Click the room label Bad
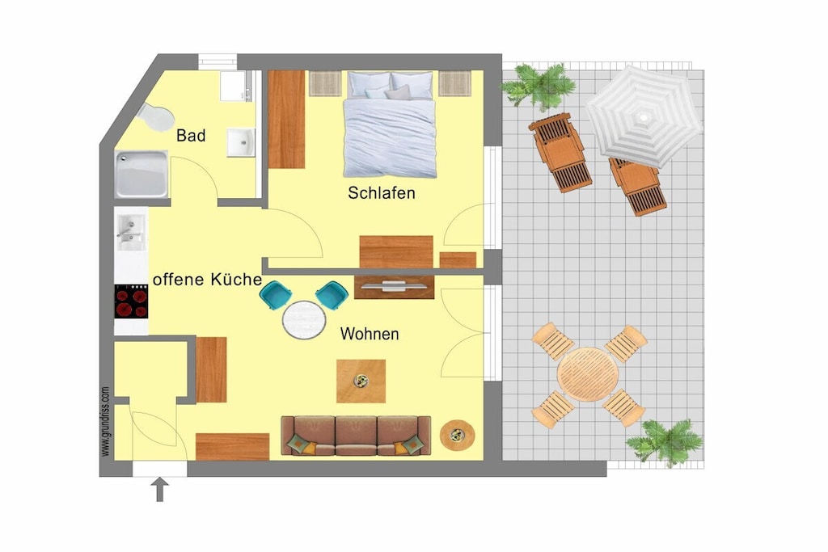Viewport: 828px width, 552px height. (191, 136)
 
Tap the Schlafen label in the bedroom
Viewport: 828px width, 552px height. (382, 193)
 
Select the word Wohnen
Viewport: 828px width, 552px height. (369, 334)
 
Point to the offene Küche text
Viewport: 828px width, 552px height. (207, 279)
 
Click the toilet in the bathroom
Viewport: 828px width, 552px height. (156, 116)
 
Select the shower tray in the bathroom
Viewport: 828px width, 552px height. (142, 174)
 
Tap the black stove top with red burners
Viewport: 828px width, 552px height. (132, 301)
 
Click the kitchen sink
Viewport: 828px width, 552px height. (130, 233)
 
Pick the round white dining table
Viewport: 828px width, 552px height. (304, 320)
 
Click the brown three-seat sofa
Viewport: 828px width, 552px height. (356, 436)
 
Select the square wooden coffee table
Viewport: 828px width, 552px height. (361, 381)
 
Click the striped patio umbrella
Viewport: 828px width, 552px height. (644, 116)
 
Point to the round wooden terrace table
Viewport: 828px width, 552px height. (588, 375)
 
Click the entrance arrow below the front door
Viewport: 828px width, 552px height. (160, 489)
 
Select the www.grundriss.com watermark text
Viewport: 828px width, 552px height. (105, 421)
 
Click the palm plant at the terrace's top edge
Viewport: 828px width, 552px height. (539, 86)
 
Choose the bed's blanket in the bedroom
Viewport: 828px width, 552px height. (390, 137)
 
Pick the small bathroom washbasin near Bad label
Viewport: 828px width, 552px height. (241, 142)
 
